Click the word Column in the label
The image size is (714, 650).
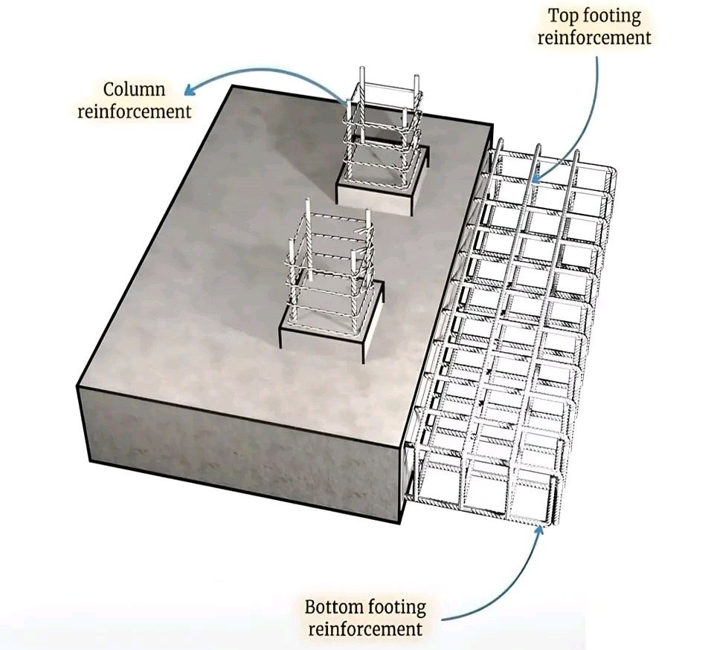134,90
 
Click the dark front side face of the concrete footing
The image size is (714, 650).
238,446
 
